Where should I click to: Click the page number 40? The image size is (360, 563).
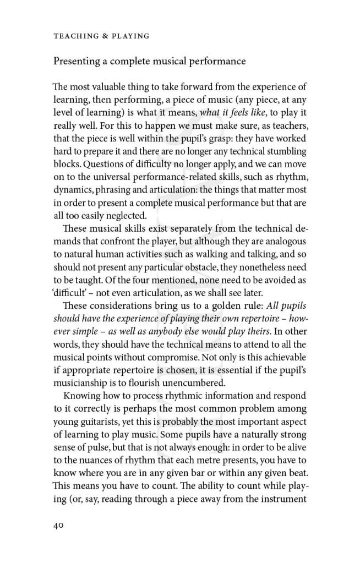pyautogui.click(x=59, y=525)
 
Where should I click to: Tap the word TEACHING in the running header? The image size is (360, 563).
pyautogui.click(x=73, y=36)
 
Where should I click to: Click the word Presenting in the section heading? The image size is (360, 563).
pyautogui.click(x=75, y=61)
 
